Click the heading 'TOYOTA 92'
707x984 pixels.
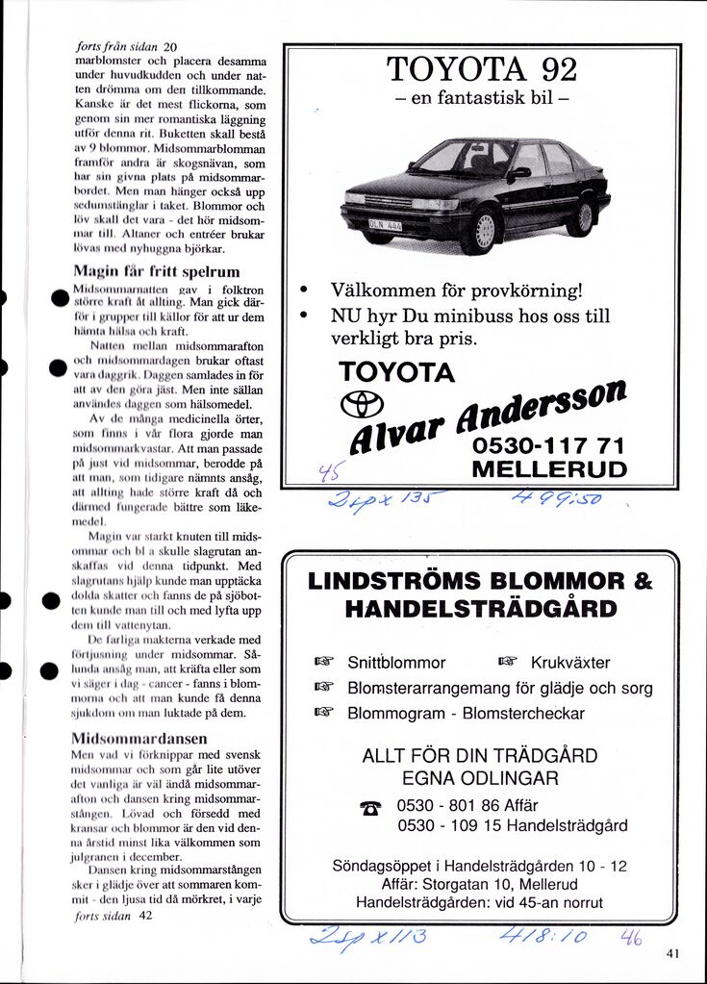pos(482,69)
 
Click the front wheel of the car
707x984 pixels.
pos(481,231)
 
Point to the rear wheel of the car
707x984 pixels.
pos(581,217)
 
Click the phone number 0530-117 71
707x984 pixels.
pos(549,446)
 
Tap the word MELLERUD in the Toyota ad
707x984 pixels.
pos(549,469)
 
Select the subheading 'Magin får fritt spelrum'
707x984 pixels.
pos(156,271)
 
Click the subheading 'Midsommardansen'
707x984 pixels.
pos(139,738)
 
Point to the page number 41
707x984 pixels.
pos(671,953)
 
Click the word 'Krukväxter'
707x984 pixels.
pos(570,662)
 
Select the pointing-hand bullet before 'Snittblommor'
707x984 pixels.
pos(323,662)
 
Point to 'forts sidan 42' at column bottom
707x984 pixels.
pos(114,916)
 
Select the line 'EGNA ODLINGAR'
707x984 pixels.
pos(479,777)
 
